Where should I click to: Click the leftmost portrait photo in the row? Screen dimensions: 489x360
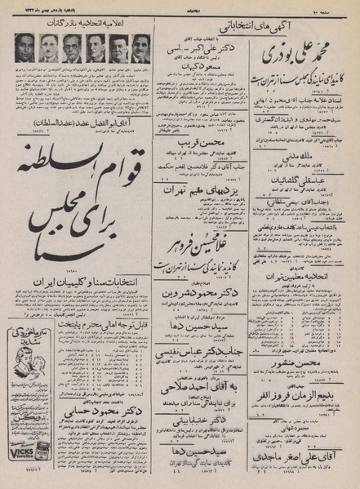tap(25, 48)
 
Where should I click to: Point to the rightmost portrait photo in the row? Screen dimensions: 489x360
tap(140, 48)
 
